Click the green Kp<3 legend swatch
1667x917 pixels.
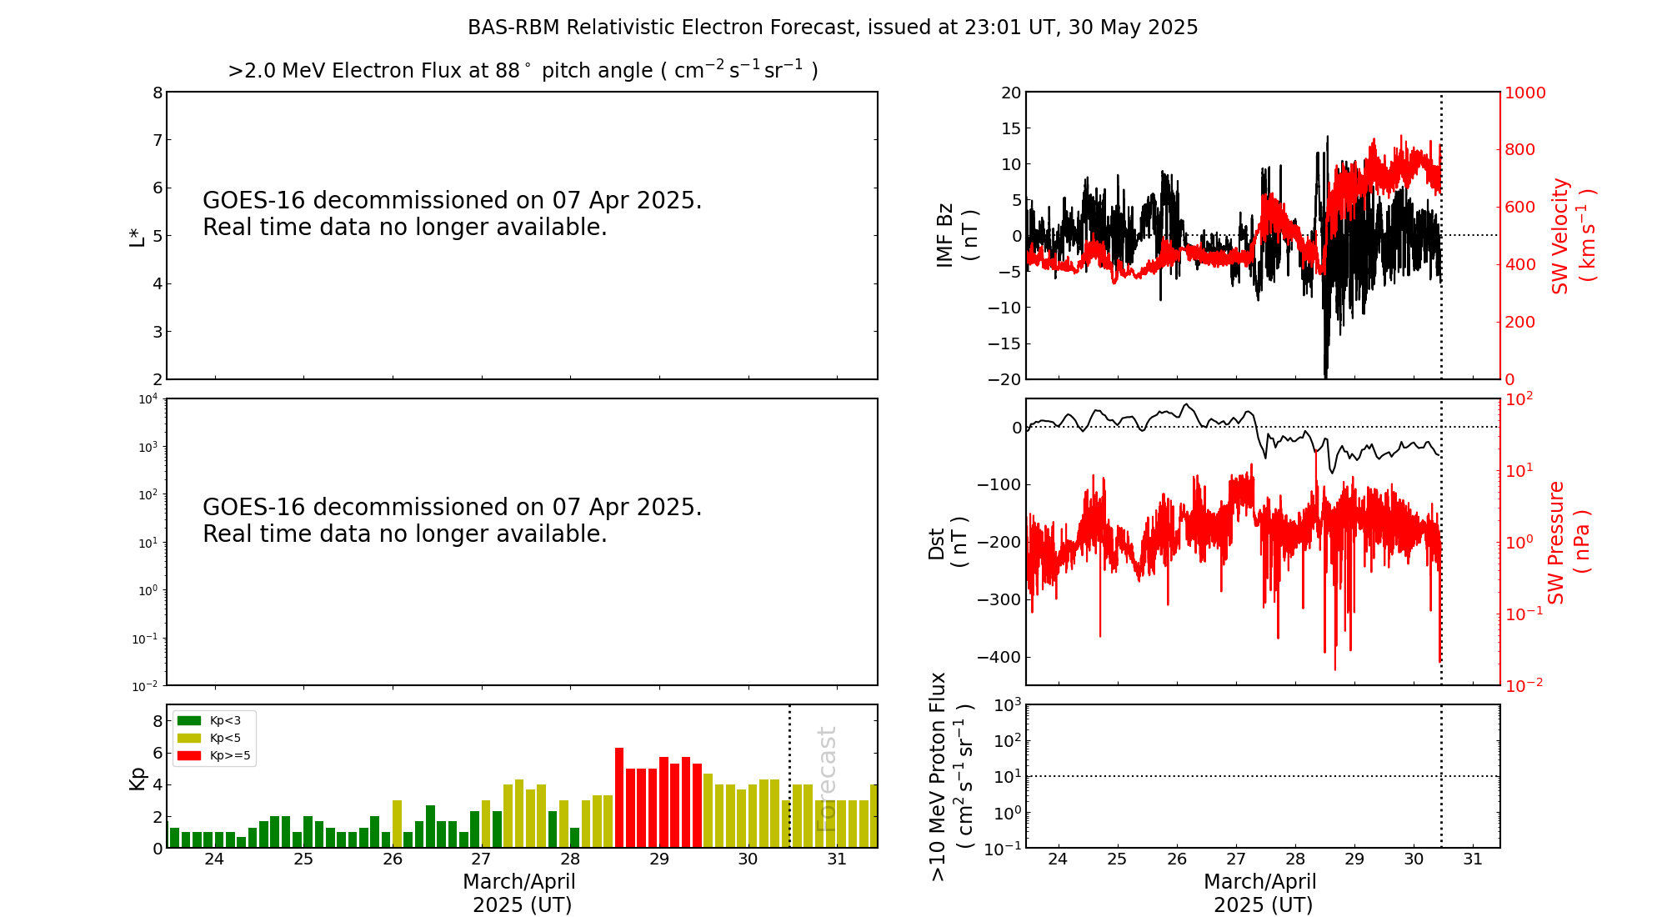(x=189, y=720)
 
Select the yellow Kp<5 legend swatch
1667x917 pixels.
(x=189, y=738)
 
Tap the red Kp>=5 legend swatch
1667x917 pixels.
(x=189, y=756)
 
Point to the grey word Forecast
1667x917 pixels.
(x=826, y=779)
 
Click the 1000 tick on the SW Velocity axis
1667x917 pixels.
(x=1524, y=93)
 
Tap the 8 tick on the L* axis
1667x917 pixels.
(x=158, y=93)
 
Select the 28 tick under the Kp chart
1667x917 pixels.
(x=570, y=859)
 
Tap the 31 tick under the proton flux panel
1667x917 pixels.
(x=1473, y=859)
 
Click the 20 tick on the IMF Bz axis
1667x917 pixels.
(x=1011, y=93)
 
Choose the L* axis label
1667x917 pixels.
(x=137, y=236)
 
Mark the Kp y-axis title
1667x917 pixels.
(x=137, y=778)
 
